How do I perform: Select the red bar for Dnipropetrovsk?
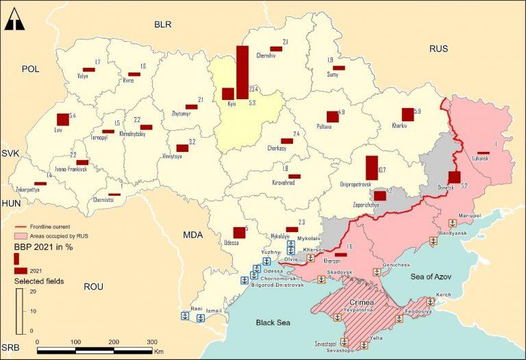(371, 168)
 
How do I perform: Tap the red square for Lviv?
(63, 120)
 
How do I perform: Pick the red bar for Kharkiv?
(408, 114)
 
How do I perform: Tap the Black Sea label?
(274, 322)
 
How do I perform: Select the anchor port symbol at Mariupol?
(452, 223)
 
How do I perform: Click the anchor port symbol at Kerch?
(430, 302)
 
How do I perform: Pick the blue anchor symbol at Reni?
(184, 316)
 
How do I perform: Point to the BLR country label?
(162, 25)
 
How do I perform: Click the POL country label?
(31, 68)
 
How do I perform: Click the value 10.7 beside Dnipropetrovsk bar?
(383, 169)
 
